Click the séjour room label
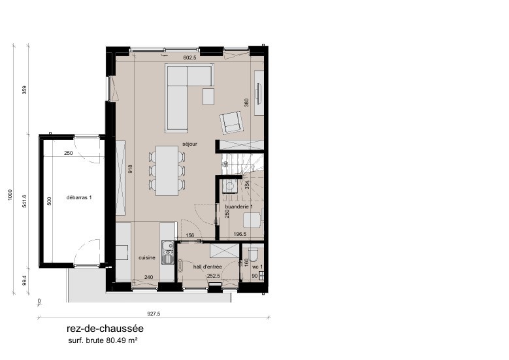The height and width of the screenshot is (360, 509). click(190, 144)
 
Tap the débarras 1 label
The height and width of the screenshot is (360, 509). click(78, 197)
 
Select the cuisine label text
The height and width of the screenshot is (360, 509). click(146, 258)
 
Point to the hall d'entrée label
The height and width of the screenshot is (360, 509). click(207, 267)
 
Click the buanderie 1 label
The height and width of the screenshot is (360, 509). click(238, 206)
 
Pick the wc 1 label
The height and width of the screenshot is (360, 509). click(257, 267)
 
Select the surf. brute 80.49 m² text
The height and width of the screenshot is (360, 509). click(103, 341)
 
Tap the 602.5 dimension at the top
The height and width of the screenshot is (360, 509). click(190, 58)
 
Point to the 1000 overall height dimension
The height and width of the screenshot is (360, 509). click(10, 196)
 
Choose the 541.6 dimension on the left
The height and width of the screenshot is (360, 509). click(25, 201)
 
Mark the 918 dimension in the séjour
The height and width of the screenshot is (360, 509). click(130, 169)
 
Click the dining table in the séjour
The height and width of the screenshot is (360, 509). click(168, 170)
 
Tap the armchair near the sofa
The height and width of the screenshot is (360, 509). click(231, 122)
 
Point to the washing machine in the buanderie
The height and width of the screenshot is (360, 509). click(229, 187)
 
